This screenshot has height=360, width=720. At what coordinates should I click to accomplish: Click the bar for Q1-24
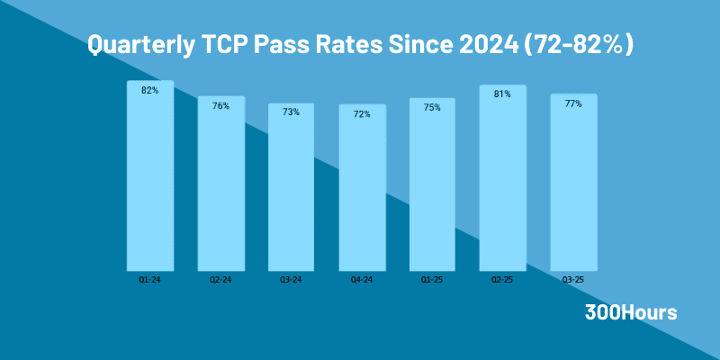pyautogui.click(x=149, y=180)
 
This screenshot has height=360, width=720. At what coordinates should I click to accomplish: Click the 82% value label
pyautogui.click(x=149, y=90)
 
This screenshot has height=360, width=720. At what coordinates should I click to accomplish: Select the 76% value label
pyautogui.click(x=220, y=106)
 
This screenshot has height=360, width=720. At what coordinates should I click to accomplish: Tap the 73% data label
pyautogui.click(x=291, y=112)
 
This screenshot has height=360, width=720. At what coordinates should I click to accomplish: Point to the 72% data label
pyautogui.click(x=362, y=114)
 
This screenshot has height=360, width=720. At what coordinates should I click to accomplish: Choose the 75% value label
pyautogui.click(x=432, y=108)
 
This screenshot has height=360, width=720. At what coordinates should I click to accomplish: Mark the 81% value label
pyautogui.click(x=503, y=94)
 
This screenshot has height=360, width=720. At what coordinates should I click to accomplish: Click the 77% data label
pyautogui.click(x=573, y=103)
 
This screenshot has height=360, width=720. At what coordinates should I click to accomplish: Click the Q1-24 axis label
pyautogui.click(x=149, y=281)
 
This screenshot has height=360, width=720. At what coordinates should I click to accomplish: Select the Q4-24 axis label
pyautogui.click(x=362, y=281)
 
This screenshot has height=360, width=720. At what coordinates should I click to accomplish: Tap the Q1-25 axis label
pyautogui.click(x=432, y=281)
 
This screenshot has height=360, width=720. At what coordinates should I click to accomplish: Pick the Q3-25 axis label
pyautogui.click(x=573, y=281)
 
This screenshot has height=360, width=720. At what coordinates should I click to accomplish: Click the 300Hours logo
pyautogui.click(x=631, y=313)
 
